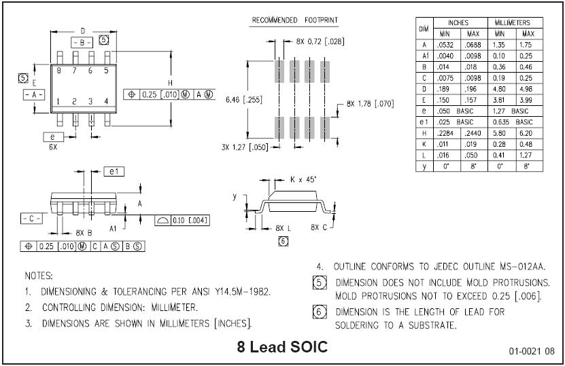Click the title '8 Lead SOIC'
[282, 346]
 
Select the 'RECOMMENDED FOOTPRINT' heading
[295, 20]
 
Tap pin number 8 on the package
[59, 70]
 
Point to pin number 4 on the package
[106, 101]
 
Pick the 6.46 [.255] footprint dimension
[243, 98]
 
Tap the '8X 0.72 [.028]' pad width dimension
[320, 41]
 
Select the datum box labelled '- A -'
[33, 94]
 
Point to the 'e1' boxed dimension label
[113, 171]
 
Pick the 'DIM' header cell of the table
[424, 28]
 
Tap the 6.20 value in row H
[528, 133]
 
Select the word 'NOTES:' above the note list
[39, 276]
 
